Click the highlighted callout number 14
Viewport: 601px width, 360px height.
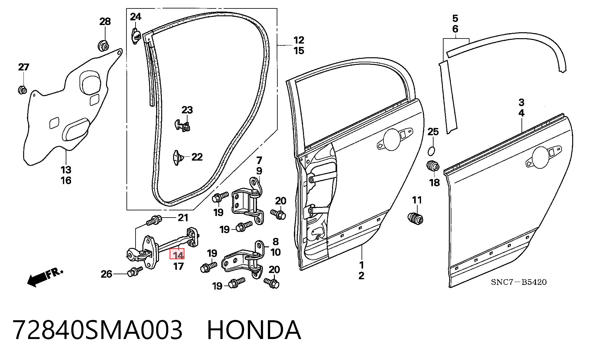[177, 254]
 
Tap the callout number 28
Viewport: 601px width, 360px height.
[105, 22]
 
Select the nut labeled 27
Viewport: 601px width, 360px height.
[22, 90]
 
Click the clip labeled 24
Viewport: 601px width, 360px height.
[136, 36]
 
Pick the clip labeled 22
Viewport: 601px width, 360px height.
[177, 157]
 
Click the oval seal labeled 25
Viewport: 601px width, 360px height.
[431, 151]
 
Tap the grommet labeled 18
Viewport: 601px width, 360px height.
[433, 166]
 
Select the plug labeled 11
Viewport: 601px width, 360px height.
[415, 218]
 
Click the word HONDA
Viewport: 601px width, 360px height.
[254, 330]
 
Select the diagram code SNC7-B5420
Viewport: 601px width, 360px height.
[519, 282]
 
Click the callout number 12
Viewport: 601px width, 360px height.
[299, 40]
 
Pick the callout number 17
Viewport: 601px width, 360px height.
[178, 266]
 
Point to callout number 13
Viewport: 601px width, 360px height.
[66, 170]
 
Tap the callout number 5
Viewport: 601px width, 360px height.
[455, 18]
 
